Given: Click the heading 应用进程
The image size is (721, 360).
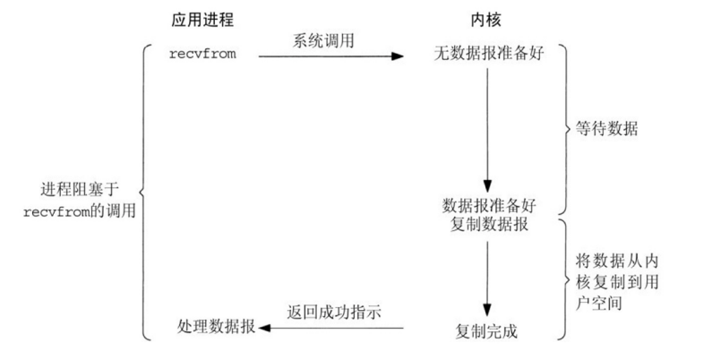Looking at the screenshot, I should click(x=202, y=19).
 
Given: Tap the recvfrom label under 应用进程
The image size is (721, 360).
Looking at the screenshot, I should click(x=202, y=56).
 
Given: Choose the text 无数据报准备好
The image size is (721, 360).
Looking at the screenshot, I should click(x=485, y=56).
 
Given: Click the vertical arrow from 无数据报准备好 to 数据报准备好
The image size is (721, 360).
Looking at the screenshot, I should click(x=485, y=125).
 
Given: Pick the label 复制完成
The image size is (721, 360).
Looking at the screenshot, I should click(x=485, y=332).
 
